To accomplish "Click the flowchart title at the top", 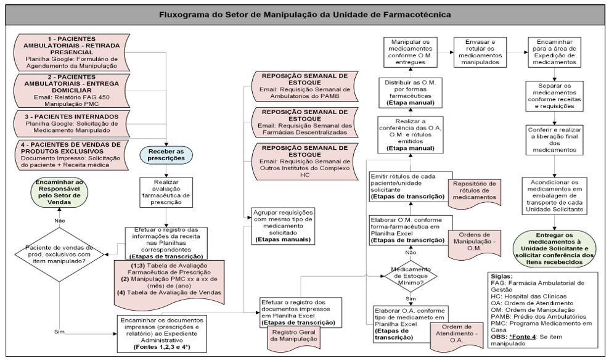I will (304, 14).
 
